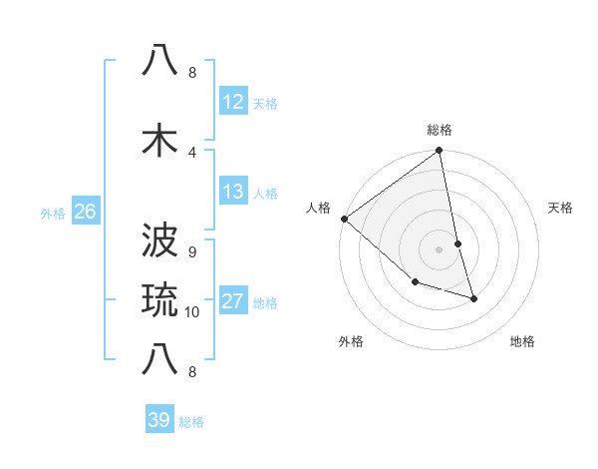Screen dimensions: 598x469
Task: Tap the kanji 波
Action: point(161,242)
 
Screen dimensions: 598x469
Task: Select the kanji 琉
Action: point(161,300)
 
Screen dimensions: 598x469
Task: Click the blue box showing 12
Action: point(233,102)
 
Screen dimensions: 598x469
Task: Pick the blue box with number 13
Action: point(233,192)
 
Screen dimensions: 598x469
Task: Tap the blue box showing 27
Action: point(233,301)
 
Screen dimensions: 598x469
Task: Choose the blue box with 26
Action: point(85,211)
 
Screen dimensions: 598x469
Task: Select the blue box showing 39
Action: point(158,420)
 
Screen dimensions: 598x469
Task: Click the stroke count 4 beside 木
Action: point(192,152)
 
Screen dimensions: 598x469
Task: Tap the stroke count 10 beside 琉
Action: point(192,312)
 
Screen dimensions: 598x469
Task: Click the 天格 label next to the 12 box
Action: point(265,103)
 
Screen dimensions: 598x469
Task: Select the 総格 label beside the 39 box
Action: point(191,422)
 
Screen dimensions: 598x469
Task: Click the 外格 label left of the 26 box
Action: point(53,212)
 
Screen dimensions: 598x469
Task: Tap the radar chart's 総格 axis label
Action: point(440,130)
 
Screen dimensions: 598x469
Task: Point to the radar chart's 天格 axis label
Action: point(560,208)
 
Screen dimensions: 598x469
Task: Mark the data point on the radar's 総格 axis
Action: point(439,152)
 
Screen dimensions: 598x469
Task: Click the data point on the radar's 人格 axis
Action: point(344,219)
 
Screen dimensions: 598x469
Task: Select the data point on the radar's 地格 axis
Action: point(473,297)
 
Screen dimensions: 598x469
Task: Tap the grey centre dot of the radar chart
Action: point(439,249)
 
